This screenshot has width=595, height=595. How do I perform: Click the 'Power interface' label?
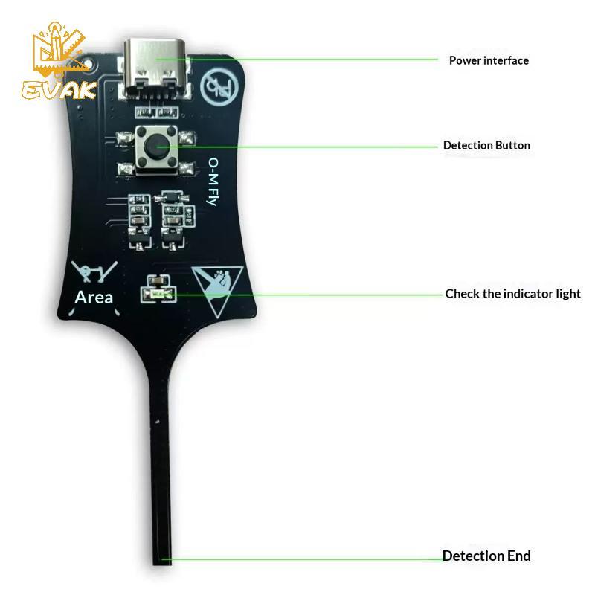point(489,60)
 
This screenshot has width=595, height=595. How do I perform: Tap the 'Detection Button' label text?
point(486,145)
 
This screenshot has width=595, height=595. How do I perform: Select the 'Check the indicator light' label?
point(512,294)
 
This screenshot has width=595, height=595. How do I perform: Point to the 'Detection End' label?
point(486,556)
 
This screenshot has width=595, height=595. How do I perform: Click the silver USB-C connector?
point(155,68)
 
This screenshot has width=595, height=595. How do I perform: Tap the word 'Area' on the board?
point(94,297)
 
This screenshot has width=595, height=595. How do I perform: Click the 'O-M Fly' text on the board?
point(213,181)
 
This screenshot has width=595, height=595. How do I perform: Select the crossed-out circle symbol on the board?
point(219,87)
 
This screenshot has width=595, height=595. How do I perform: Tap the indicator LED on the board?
point(158,295)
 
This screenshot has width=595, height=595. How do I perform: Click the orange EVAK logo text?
point(59,90)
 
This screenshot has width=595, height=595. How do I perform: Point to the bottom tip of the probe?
point(162,565)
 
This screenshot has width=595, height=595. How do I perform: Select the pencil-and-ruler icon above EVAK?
point(59,48)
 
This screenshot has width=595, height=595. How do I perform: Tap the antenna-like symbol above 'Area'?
point(94,271)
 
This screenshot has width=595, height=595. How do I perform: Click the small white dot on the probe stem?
point(158,422)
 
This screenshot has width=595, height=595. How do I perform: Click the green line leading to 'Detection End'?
point(303,559)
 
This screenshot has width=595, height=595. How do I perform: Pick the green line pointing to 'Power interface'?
point(296,59)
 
